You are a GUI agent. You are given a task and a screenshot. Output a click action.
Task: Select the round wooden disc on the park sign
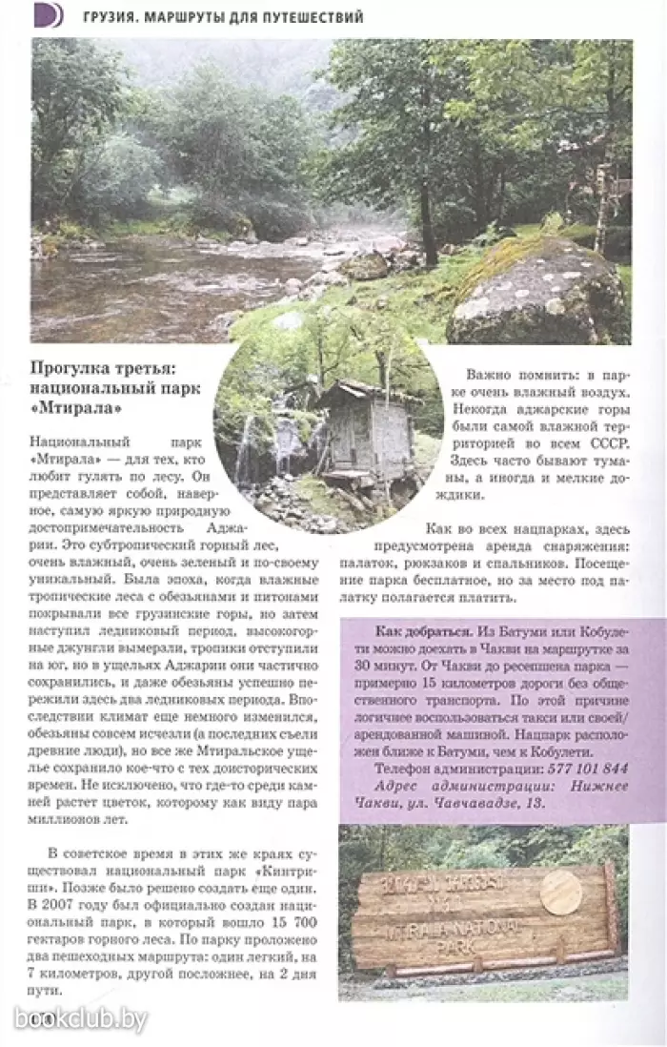(560, 893)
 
